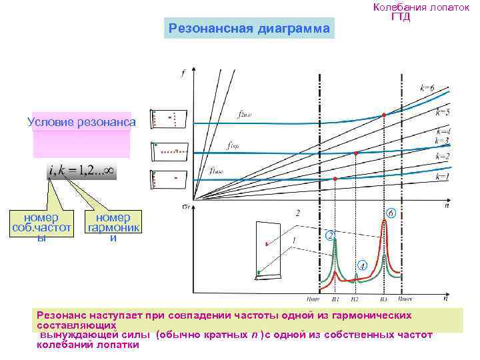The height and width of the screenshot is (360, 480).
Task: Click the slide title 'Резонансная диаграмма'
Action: (x=249, y=29)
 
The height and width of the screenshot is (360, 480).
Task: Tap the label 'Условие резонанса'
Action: (x=81, y=122)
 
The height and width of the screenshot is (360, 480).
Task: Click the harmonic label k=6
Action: (x=427, y=88)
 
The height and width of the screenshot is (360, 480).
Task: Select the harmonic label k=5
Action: (x=443, y=111)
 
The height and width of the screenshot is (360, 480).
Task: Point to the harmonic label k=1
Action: (x=443, y=177)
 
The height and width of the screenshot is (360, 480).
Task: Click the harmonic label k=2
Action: (x=443, y=156)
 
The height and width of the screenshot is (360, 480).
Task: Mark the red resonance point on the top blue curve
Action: (x=384, y=115)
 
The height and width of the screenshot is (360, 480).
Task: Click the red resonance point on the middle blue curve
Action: (x=356, y=153)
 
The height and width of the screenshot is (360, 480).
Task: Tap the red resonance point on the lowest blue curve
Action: (x=335, y=179)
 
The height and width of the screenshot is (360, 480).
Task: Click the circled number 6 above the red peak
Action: (x=391, y=213)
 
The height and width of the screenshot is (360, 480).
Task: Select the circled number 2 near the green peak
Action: (x=329, y=235)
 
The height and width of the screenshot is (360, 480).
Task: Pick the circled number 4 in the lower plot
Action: (x=361, y=265)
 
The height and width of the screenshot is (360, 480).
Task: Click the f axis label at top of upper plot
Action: (x=183, y=73)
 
